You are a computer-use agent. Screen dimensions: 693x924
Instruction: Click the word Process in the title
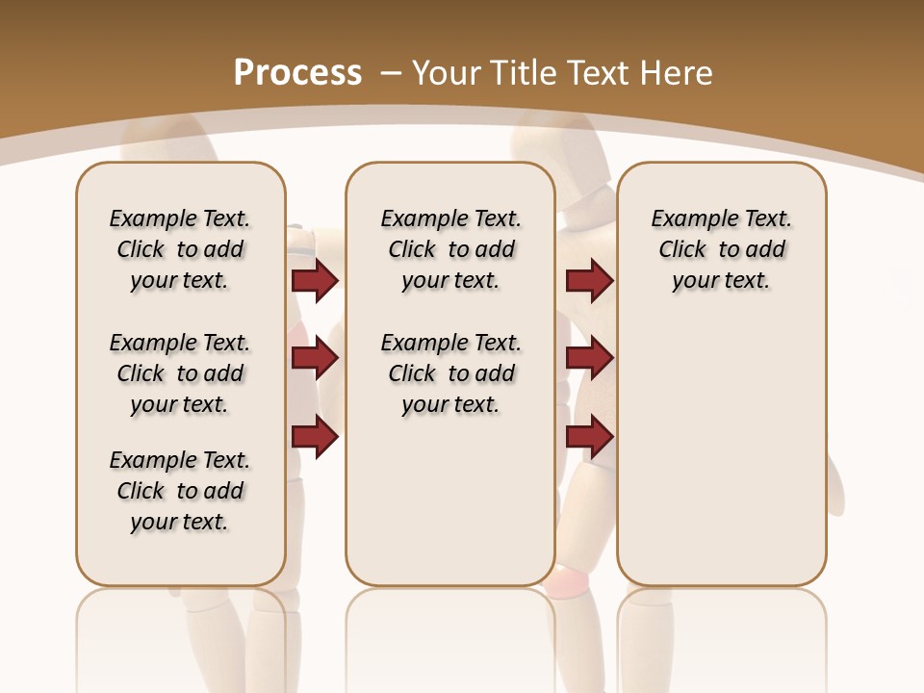[297, 73]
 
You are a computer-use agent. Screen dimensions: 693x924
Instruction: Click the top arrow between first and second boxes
[315, 280]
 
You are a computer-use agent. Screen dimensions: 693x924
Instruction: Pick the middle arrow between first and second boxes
[315, 358]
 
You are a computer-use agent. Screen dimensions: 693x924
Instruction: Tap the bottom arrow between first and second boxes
[315, 437]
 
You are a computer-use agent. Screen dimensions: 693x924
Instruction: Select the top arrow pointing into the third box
[589, 280]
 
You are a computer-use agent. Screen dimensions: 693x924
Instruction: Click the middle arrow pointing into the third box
[589, 358]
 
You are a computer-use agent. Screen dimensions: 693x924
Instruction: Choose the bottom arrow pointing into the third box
[589, 437]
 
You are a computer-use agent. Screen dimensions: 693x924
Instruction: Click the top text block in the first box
[180, 249]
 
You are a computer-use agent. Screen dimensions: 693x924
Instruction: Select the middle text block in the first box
[180, 373]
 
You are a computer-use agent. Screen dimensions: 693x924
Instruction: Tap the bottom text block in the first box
[180, 491]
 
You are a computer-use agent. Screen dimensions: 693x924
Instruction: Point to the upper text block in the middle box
[450, 249]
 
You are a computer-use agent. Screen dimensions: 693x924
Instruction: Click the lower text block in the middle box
[450, 373]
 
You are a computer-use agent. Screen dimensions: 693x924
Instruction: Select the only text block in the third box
[722, 249]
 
